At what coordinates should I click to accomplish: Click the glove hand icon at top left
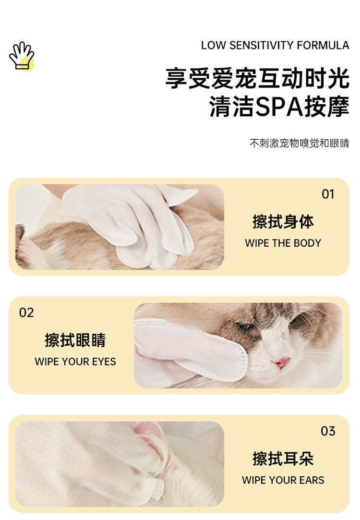22,56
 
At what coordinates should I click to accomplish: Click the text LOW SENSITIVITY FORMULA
275,46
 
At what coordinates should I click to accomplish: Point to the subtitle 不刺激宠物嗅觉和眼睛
299,143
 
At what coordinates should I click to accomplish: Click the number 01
328,194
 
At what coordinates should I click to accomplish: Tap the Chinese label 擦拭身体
283,221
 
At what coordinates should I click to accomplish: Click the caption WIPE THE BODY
283,243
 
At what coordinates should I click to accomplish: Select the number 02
26,313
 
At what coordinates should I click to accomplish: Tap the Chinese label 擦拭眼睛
75,340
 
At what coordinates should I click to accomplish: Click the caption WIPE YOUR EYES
75,362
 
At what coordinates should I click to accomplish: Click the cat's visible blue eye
246,327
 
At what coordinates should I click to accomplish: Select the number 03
328,431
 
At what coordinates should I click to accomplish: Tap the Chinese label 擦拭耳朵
283,459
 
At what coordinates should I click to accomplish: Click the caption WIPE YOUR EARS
283,480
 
